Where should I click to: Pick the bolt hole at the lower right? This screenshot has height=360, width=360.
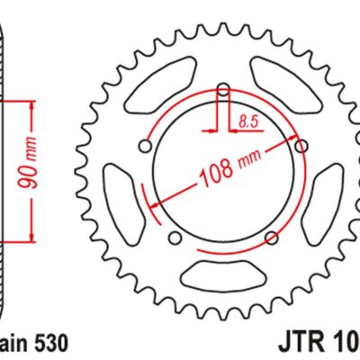[272, 237]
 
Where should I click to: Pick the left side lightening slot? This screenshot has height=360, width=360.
[121, 191]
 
